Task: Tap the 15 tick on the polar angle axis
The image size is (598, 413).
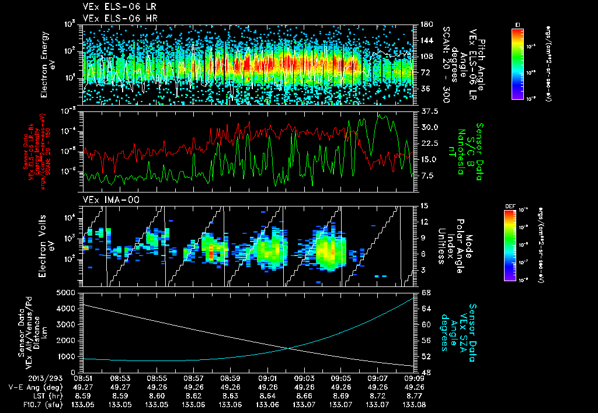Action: pos(423,205)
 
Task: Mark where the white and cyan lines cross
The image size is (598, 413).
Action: pos(290,349)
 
